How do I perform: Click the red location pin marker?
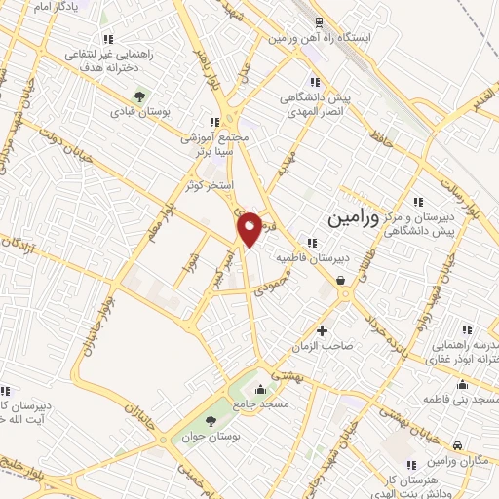pos(250,229)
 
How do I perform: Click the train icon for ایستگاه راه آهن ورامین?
pos(319,22)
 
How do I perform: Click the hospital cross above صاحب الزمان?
pos(323,331)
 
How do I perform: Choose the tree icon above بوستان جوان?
pos(211,421)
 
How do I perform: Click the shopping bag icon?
pos(341,282)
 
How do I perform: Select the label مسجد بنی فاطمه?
pos(462,401)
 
